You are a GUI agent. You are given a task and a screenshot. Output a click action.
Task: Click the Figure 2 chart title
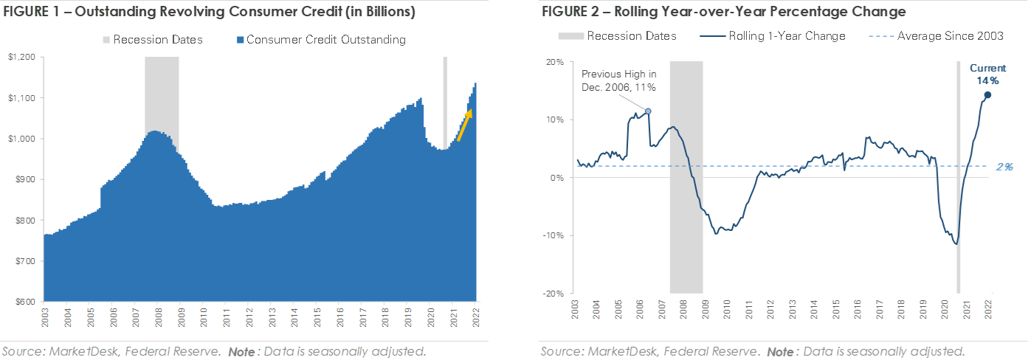723,13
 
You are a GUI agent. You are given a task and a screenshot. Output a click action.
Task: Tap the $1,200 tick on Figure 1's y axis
21,58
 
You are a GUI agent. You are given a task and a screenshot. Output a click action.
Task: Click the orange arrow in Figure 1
463,125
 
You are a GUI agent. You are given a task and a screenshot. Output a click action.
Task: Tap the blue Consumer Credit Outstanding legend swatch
239,40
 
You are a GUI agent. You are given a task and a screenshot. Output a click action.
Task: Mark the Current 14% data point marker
987,94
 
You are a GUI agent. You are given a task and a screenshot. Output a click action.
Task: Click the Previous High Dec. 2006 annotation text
619,80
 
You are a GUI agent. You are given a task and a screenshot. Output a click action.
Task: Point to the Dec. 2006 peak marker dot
648,111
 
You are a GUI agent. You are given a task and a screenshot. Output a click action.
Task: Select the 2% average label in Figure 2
1004,167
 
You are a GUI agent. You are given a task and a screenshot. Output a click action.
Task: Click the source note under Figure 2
752,350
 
